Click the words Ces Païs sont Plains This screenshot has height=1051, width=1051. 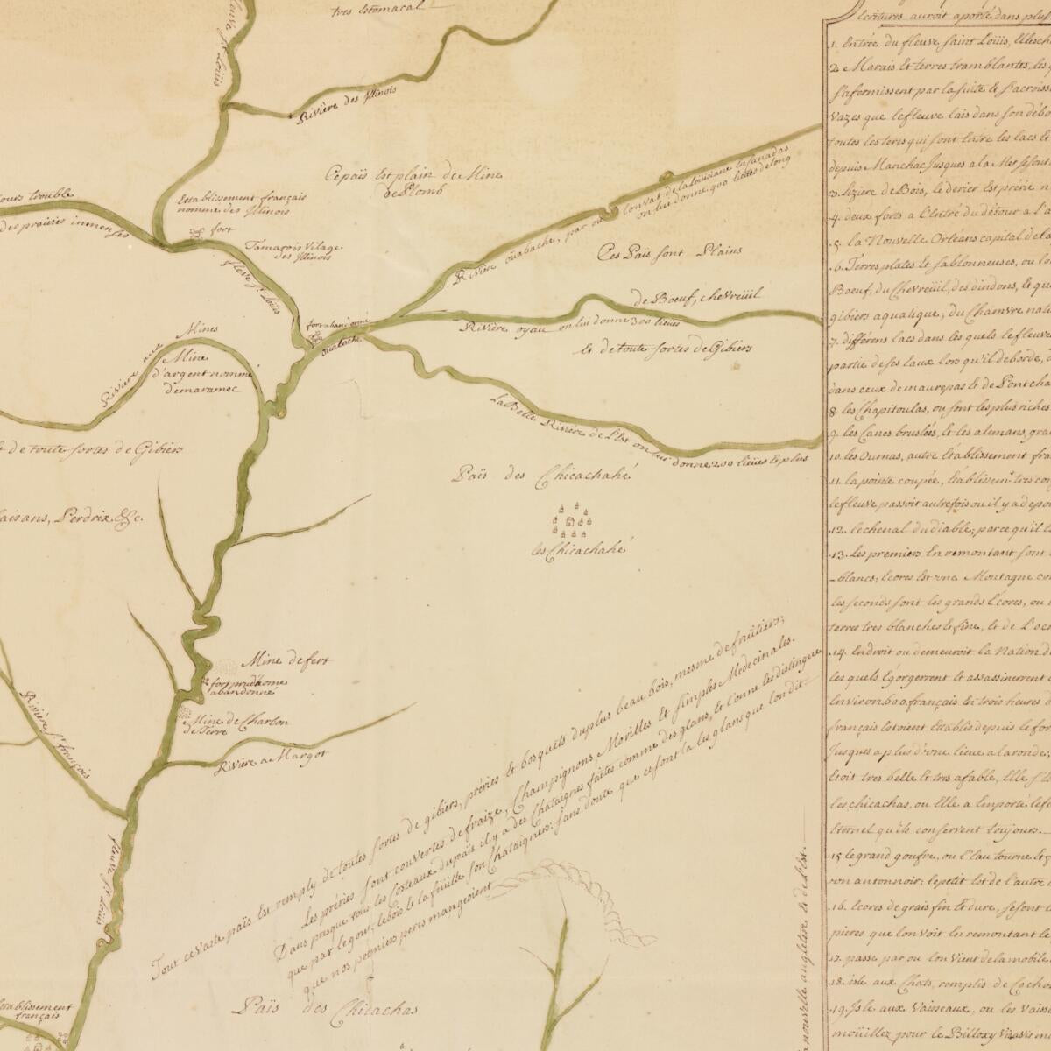(x=668, y=253)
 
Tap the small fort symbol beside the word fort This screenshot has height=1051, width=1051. (x=196, y=235)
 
